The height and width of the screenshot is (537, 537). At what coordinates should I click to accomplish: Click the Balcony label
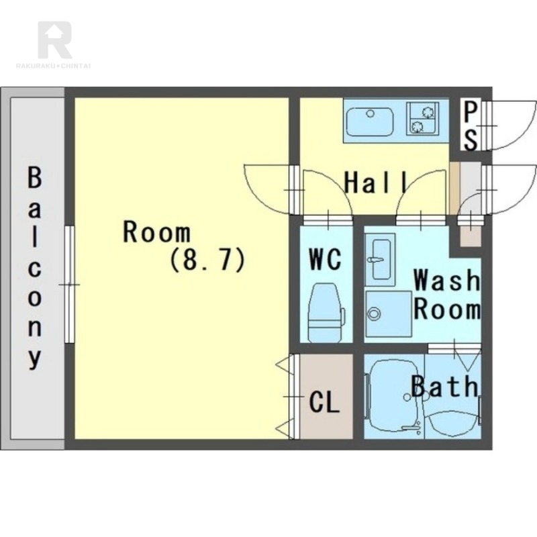pos(34,268)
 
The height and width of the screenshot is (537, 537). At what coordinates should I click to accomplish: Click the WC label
pos(325,259)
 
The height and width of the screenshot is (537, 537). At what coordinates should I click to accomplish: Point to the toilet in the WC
pos(326,312)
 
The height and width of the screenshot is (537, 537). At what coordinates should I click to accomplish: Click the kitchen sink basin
pos(370,122)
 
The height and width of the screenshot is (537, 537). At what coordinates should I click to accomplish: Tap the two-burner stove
pos(422,119)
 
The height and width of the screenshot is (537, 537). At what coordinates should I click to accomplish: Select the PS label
pos(471,126)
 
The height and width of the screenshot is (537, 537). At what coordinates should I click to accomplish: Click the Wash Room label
pos(447,295)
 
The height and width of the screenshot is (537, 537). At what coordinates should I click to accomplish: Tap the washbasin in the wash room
pos(380,260)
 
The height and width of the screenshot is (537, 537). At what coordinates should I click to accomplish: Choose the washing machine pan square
pos(389,313)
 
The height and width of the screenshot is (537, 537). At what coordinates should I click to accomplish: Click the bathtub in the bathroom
pos(394,397)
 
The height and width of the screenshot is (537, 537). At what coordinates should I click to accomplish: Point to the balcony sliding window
pos(70,284)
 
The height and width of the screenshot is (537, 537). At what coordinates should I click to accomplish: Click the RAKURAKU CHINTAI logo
pos(54,44)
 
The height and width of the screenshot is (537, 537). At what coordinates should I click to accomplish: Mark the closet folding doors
pos(289,397)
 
